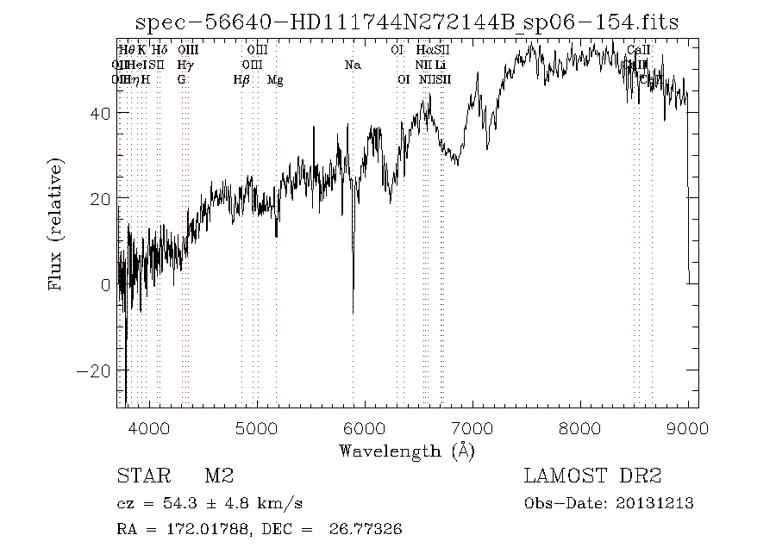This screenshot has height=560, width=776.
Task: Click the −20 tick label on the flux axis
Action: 94,370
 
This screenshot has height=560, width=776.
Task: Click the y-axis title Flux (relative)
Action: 57,224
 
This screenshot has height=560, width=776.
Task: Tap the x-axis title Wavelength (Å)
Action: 407,450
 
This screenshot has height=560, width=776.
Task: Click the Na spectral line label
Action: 352,65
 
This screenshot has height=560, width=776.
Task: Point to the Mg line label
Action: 275,80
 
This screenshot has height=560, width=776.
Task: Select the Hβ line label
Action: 241,80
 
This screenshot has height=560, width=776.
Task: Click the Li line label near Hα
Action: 441,65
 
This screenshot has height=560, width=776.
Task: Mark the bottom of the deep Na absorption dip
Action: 353,312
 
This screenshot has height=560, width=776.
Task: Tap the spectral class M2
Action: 219,476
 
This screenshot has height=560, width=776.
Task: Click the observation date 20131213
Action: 655,503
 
